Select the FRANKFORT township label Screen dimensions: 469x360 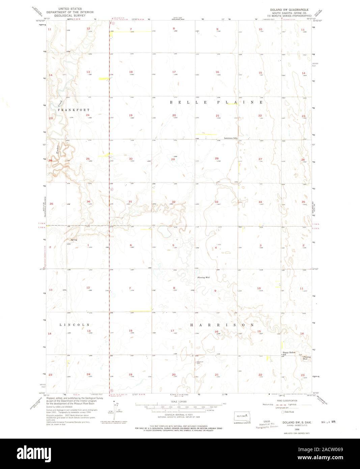[x=74, y=110]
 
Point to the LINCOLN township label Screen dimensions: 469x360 [x=75, y=325]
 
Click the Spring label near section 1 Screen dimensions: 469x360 [x=74, y=240]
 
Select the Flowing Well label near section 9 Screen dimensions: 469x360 [x=203, y=277]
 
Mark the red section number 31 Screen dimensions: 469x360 [x=130, y=202]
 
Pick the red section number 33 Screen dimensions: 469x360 [x=217, y=202]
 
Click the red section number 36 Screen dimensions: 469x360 [x=88, y=202]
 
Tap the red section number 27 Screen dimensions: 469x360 [x=260, y=159]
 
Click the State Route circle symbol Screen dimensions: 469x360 [x=283, y=412]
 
